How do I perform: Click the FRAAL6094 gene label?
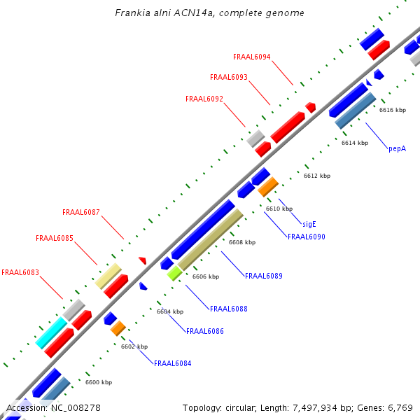252,57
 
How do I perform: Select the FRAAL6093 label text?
229,77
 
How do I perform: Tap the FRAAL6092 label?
204,99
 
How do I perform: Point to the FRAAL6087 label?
81,212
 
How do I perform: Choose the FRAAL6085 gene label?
55,238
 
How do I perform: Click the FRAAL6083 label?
20,272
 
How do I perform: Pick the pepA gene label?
397,148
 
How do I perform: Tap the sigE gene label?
309,224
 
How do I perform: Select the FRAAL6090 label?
307,237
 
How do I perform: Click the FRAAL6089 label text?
264,276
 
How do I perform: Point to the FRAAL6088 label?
229,309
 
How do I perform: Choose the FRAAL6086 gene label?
205,331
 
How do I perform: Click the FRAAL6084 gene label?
173,363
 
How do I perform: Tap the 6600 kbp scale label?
99,382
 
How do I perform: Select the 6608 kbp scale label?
242,242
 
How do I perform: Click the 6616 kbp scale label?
393,110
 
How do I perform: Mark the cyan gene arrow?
51,333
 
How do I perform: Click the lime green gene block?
174,273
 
